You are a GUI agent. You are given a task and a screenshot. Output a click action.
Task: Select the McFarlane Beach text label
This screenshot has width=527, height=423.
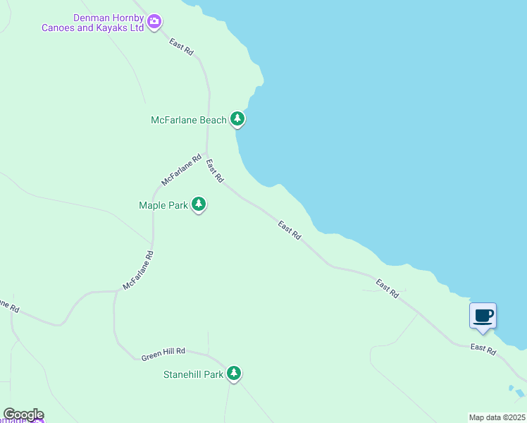coord(189,120)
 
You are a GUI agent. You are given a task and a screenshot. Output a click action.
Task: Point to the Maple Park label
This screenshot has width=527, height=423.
coord(163,205)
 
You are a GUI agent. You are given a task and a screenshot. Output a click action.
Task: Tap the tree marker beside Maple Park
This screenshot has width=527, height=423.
coord(199,204)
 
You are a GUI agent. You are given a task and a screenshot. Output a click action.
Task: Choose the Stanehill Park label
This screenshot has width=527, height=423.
coord(194,374)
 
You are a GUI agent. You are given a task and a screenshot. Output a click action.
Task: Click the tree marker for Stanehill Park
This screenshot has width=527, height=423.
coord(234,373)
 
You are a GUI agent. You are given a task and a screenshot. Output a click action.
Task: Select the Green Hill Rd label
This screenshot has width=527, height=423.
coord(163,354)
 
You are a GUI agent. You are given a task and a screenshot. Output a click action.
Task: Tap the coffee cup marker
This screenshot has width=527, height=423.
coord(483,315)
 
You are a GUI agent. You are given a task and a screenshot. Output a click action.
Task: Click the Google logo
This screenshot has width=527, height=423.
coord(23,415)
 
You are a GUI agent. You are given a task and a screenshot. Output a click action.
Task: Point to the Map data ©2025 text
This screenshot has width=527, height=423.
coord(497,417)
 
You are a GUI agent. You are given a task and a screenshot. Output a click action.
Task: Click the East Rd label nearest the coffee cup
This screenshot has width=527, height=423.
coord(483,348)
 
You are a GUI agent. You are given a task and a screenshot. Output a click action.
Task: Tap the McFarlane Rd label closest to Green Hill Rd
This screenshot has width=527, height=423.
coord(138,270)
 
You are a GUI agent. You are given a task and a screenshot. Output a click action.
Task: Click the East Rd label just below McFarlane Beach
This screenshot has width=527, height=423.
coord(215,169)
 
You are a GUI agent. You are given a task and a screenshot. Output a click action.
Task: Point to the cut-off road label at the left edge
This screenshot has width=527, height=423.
coord(8,306)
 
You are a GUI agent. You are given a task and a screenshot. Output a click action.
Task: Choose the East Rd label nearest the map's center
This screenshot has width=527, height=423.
coord(290,231)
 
